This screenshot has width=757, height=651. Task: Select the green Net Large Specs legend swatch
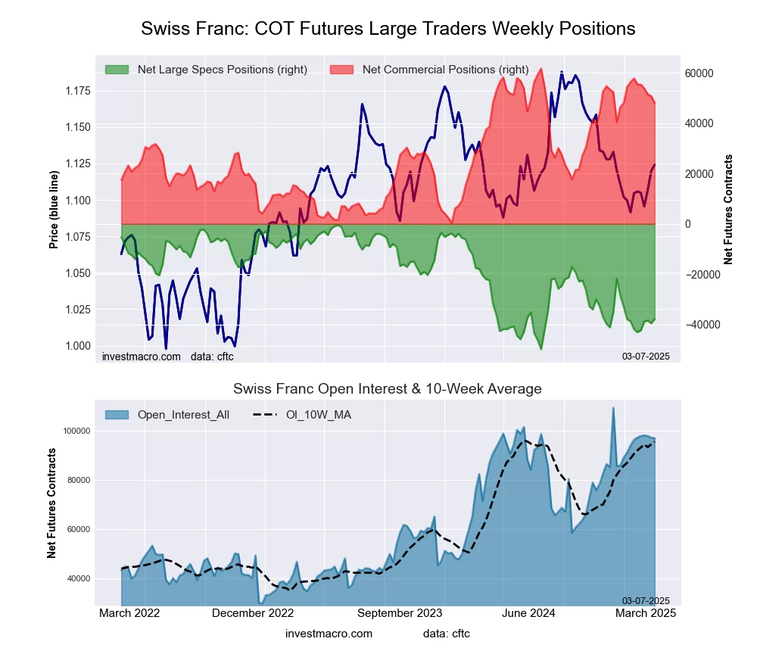pos(117,70)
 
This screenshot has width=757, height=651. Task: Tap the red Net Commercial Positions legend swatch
pos(342,70)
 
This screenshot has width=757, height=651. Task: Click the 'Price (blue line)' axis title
pos(54,210)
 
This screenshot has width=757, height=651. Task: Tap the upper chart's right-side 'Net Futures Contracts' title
pos(728,209)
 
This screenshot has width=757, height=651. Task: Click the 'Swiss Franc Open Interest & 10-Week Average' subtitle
pos(388,389)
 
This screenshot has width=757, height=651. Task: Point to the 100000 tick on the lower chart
pos(76,431)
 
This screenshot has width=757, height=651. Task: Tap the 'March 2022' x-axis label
pos(129,613)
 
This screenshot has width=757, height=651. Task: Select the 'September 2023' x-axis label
pos(400,613)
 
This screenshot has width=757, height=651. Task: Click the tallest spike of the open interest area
pos(613,409)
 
